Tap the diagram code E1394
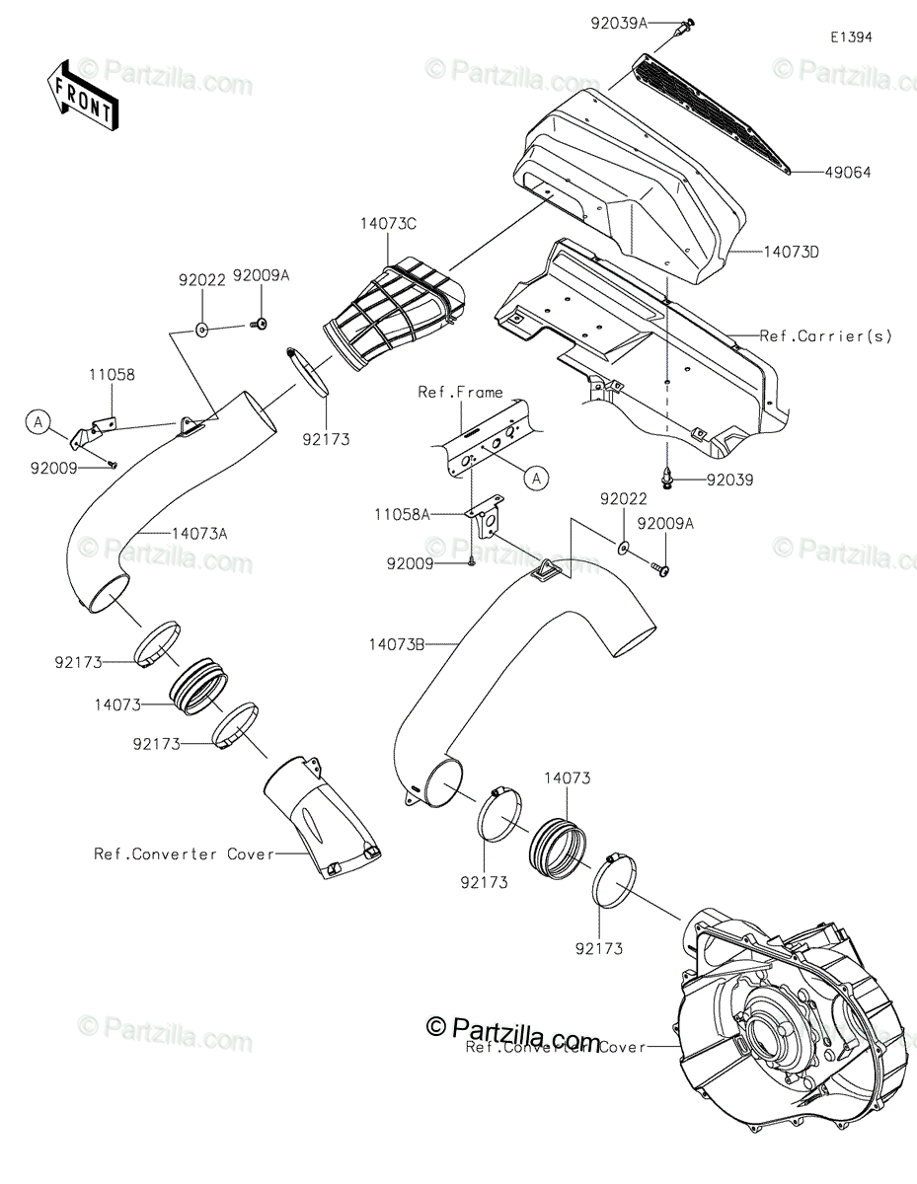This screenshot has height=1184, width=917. pyautogui.click(x=850, y=37)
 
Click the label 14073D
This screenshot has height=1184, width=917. pyautogui.click(x=792, y=252)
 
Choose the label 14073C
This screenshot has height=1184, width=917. pyautogui.click(x=388, y=225)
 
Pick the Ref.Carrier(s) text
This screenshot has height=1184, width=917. pyautogui.click(x=825, y=335)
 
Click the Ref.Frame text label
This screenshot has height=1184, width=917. pyautogui.click(x=460, y=392)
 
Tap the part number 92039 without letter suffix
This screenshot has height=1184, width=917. pyautogui.click(x=729, y=481)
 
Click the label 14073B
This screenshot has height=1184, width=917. pyautogui.click(x=397, y=644)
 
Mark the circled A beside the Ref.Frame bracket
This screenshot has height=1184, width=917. pyautogui.click(x=535, y=479)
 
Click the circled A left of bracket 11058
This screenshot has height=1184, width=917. pyautogui.click(x=38, y=423)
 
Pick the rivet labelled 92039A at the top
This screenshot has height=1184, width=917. pyautogui.click(x=682, y=29)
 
